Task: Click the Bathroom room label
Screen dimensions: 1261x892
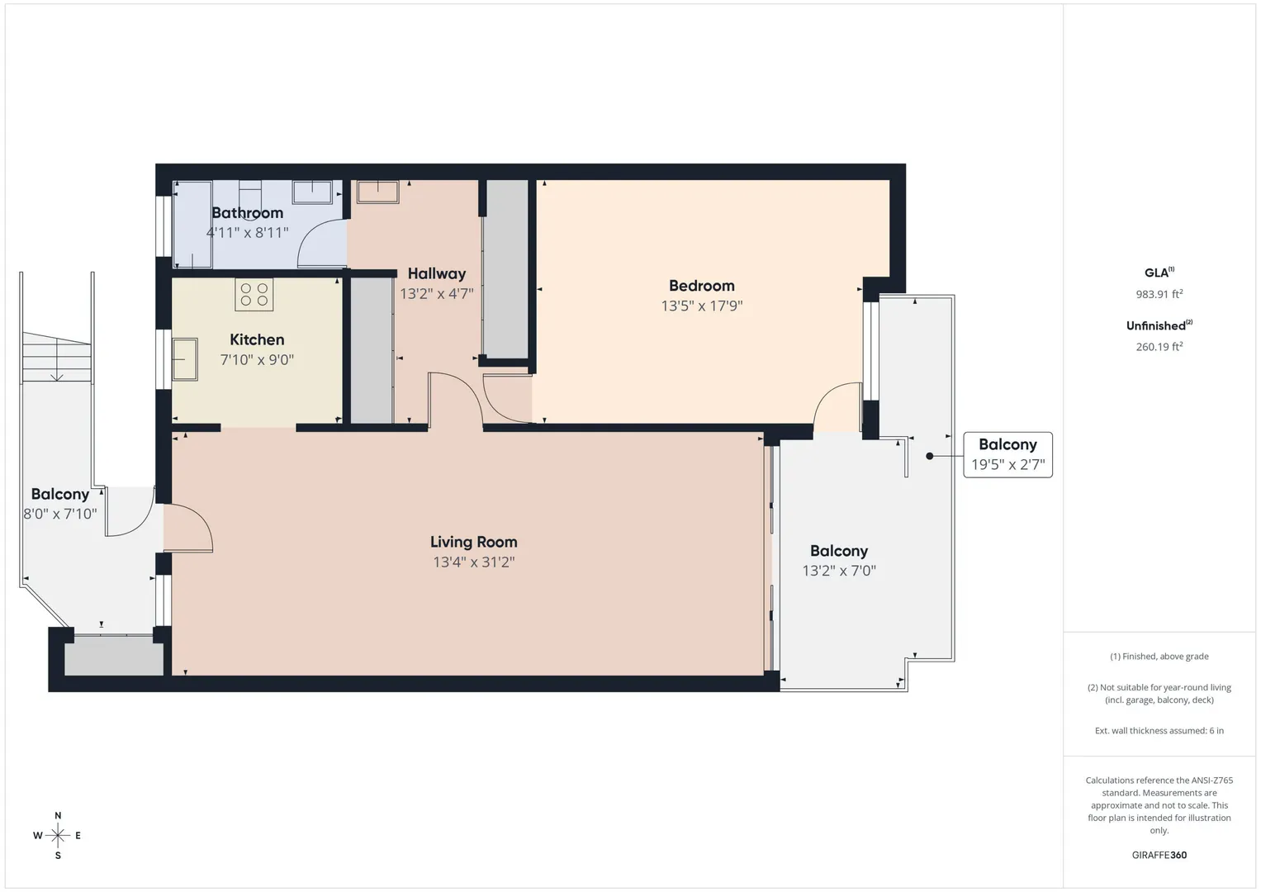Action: (247, 213)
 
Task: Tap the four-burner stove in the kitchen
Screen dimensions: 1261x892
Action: (254, 295)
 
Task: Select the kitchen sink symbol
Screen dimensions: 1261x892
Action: (185, 359)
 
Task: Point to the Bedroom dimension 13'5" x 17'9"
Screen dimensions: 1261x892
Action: (701, 306)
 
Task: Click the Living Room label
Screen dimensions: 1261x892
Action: (473, 542)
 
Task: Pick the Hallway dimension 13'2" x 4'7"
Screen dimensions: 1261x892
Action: (436, 293)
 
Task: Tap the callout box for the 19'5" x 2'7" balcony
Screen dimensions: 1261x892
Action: (1007, 455)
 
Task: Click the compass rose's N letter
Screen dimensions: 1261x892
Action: (58, 815)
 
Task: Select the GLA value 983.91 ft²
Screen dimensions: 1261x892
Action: (1159, 293)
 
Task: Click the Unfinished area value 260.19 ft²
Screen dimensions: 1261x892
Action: (1159, 346)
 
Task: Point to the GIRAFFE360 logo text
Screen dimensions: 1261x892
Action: (1159, 855)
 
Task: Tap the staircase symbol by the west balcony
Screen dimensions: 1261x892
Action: (56, 357)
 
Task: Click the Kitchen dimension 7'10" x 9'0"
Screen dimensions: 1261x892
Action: (257, 359)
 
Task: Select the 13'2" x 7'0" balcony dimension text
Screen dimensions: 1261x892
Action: (839, 571)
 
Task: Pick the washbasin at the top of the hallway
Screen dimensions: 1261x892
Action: (377, 192)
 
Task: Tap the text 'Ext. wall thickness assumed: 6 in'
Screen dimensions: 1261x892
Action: (1159, 730)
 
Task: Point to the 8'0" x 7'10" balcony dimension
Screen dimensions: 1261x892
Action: (59, 514)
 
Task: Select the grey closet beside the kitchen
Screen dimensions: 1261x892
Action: (372, 350)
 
